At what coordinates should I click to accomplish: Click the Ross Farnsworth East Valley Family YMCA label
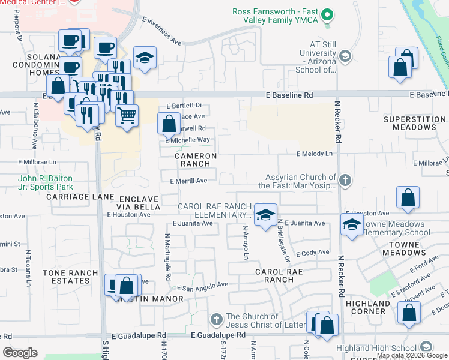tap(275, 17)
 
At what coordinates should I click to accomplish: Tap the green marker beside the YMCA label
tap(327, 14)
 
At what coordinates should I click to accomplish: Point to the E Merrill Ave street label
tap(188, 181)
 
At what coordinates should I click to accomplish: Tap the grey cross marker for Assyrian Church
tap(345, 180)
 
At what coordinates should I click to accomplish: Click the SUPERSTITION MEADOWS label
tap(414, 124)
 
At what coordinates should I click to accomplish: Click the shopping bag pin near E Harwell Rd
tap(169, 124)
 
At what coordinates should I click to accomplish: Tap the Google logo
tap(20, 352)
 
